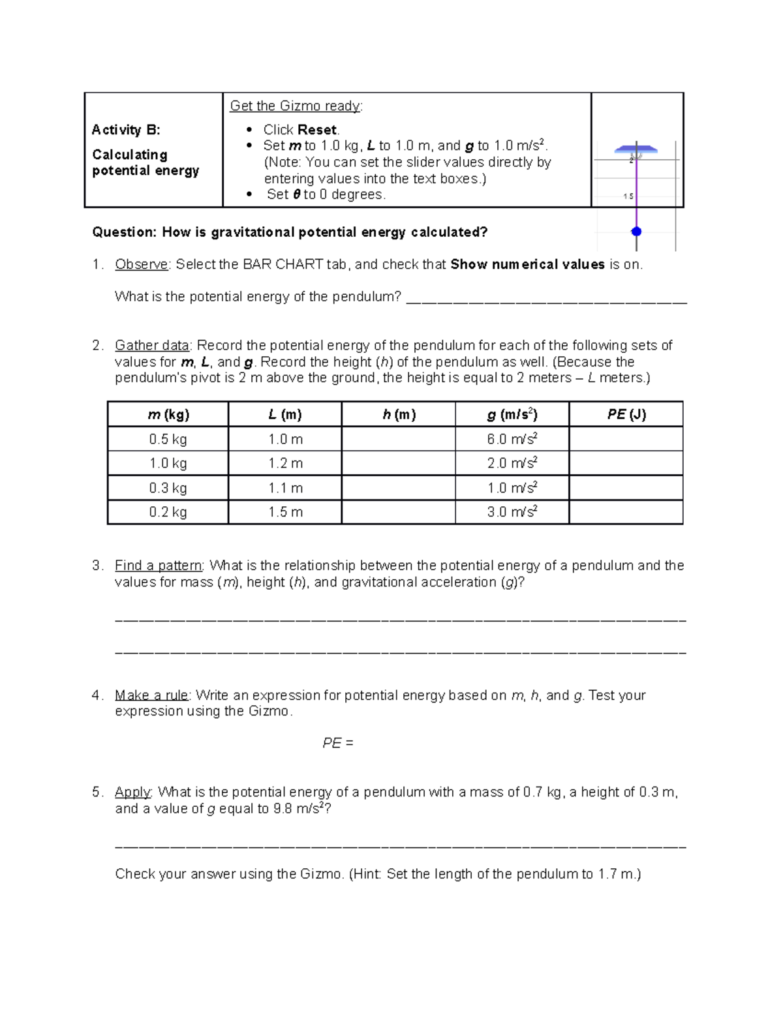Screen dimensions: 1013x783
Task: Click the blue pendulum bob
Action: click(636, 232)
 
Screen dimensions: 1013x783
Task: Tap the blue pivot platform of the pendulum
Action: click(636, 149)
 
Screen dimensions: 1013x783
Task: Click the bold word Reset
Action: click(317, 130)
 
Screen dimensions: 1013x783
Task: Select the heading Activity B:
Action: click(126, 130)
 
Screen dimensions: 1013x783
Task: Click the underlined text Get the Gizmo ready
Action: click(296, 106)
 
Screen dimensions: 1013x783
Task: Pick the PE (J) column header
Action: click(626, 414)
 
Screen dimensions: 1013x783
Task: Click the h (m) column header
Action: click(398, 414)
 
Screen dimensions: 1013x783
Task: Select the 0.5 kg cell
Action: click(168, 439)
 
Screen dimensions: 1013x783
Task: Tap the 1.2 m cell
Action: click(285, 463)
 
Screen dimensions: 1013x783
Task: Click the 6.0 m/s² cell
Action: click(512, 439)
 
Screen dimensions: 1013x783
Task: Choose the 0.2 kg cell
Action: click(168, 512)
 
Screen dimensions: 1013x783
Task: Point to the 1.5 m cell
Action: click(285, 512)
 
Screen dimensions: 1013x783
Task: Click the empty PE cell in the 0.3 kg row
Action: click(626, 488)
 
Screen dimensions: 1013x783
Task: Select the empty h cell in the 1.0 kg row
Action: click(398, 463)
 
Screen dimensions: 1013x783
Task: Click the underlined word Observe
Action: click(142, 264)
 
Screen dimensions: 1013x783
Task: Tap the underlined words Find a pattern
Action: click(159, 566)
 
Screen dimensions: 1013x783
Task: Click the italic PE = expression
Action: click(338, 743)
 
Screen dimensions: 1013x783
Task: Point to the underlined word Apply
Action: click(132, 792)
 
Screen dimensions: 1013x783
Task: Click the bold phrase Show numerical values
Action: click(527, 264)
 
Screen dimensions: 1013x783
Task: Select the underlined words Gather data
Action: click(152, 346)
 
